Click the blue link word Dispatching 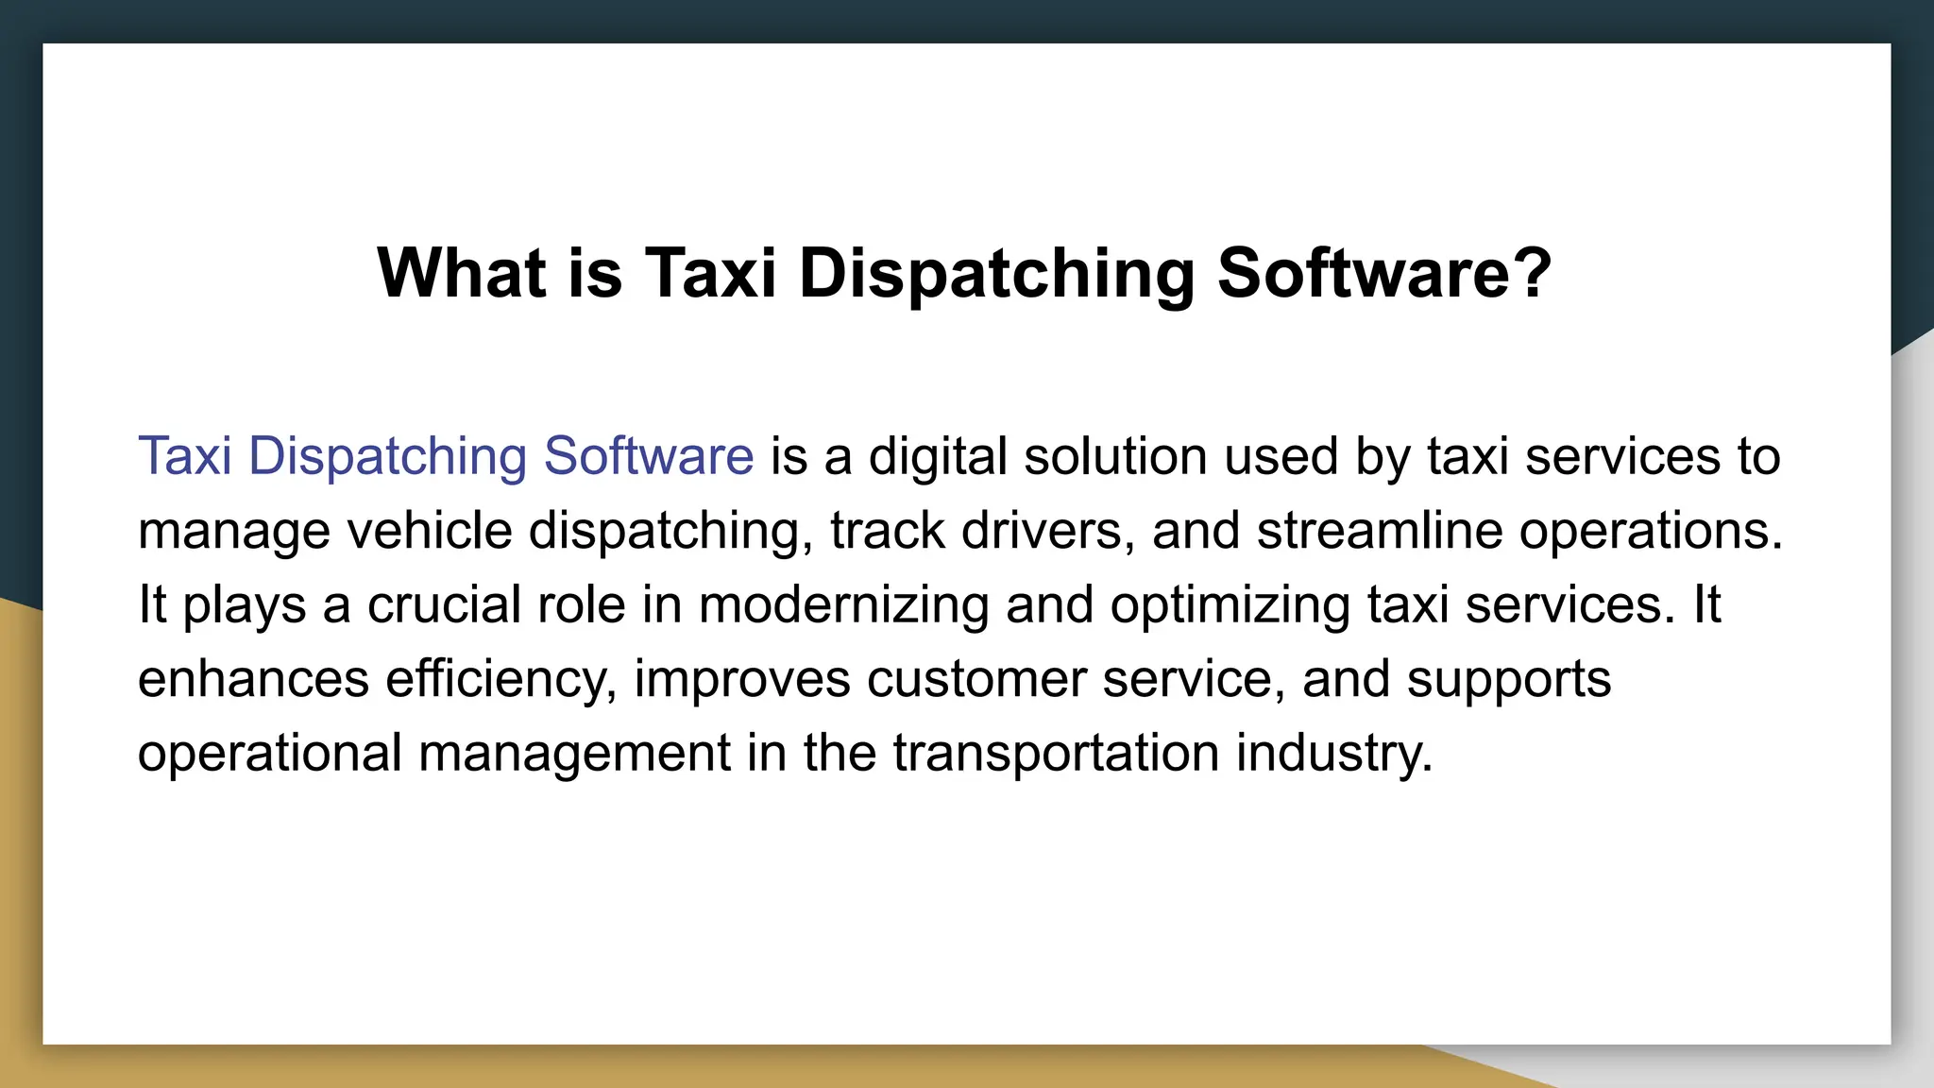pos(387,457)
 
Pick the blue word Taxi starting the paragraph pos(185,456)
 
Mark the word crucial pos(444,604)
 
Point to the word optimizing pos(1230,605)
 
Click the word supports pos(1508,680)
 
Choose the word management pos(574,754)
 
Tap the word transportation pos(1056,754)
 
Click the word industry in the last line pos(1333,754)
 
